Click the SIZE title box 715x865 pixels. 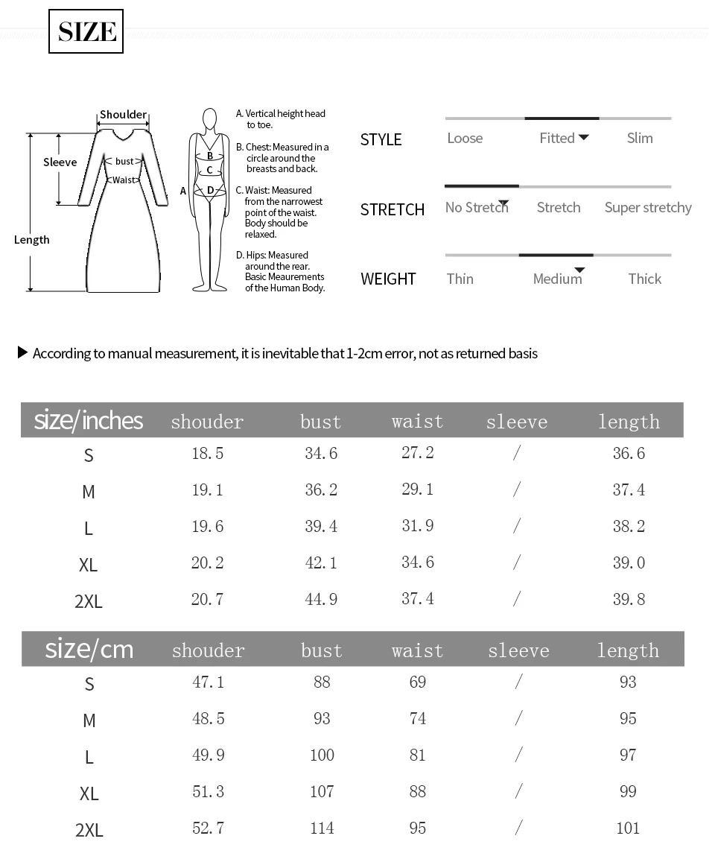[x=86, y=31]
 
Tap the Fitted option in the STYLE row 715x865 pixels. [x=557, y=138]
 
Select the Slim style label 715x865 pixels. [x=640, y=138]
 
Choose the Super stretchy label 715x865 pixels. [x=648, y=207]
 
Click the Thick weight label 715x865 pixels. [x=644, y=279]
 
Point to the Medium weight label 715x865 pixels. [x=557, y=279]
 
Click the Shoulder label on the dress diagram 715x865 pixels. [x=123, y=114]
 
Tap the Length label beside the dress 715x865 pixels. [x=32, y=239]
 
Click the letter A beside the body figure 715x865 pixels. [x=183, y=191]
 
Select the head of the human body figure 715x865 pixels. [x=210, y=119]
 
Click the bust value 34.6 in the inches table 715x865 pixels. [x=321, y=453]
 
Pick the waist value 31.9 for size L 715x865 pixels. [x=418, y=526]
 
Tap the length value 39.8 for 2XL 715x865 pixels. [x=629, y=599]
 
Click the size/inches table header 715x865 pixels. [x=89, y=420]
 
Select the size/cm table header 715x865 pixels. [x=89, y=649]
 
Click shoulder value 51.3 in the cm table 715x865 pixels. [x=209, y=791]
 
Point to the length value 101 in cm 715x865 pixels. [x=628, y=828]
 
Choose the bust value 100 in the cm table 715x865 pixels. [x=322, y=755]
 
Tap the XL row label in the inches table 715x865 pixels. [x=88, y=565]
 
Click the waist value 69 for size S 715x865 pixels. [x=418, y=682]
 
